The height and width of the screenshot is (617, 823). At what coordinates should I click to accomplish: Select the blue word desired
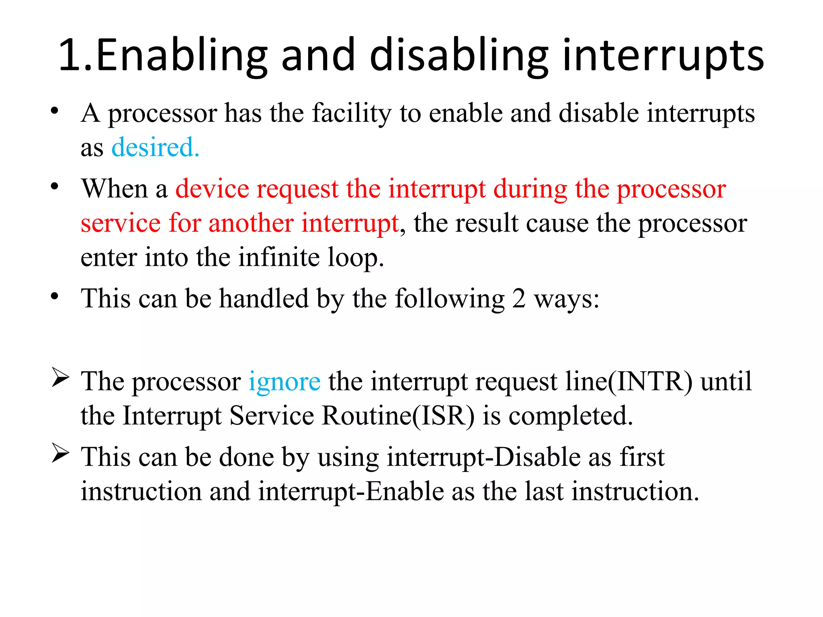pyautogui.click(x=155, y=147)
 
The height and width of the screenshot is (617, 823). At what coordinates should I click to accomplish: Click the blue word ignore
pyautogui.click(x=284, y=381)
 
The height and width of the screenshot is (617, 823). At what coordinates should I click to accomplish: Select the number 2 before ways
pyautogui.click(x=519, y=298)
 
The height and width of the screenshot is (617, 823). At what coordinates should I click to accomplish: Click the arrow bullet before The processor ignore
pyautogui.click(x=60, y=379)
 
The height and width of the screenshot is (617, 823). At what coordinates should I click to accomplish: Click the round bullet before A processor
pyautogui.click(x=55, y=111)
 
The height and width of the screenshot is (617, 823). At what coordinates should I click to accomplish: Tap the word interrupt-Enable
pyautogui.click(x=351, y=491)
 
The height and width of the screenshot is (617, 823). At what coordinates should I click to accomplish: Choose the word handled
pyautogui.click(x=264, y=298)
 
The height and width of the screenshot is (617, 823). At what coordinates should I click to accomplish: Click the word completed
pyautogui.click(x=571, y=416)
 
